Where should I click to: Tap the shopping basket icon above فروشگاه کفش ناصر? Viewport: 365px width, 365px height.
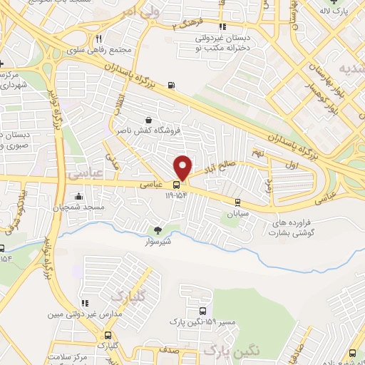tap(148, 120)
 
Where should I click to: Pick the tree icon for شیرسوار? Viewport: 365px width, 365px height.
tap(158, 230)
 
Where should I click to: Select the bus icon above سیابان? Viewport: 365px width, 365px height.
tap(237, 202)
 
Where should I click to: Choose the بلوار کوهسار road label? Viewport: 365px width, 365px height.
tap(332, 100)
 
